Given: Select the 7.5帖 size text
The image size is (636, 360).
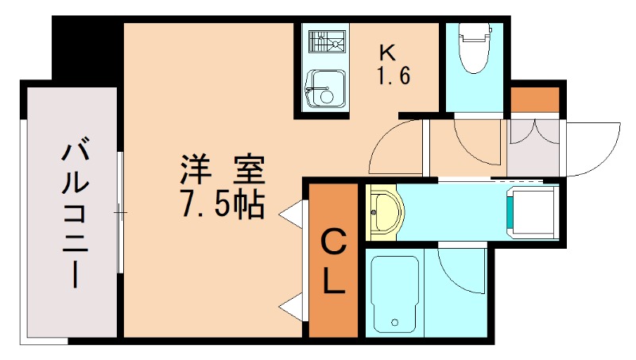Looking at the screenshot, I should click(x=223, y=205).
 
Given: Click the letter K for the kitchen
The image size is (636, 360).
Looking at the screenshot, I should click(x=387, y=54).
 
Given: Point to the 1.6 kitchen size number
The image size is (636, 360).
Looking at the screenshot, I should click(x=393, y=79).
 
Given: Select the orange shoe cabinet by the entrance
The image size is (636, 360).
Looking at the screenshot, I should click(x=534, y=102).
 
